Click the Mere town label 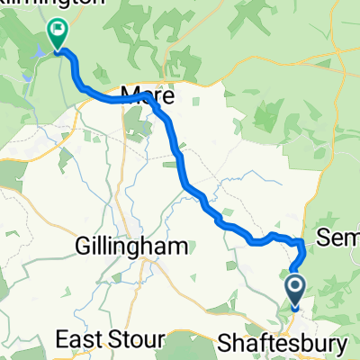146,93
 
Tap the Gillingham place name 132,246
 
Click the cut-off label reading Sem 340,238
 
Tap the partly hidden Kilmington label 54,4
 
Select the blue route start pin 296,290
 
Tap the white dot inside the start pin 296,286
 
